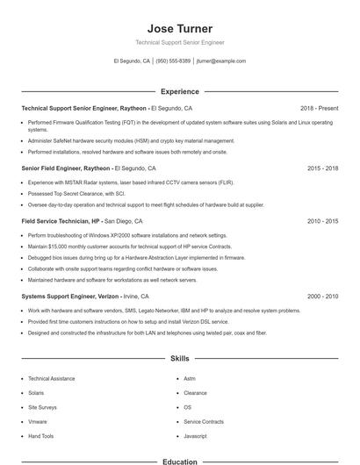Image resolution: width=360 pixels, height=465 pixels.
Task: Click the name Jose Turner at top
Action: point(179,29)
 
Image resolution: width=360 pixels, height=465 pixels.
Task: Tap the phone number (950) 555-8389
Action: point(173,61)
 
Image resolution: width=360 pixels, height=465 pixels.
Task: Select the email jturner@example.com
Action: point(220,61)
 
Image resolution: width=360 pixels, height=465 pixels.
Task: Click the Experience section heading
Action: point(179,91)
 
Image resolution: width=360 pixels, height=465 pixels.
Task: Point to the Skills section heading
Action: point(179,359)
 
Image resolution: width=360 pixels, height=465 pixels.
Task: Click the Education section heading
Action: point(179,461)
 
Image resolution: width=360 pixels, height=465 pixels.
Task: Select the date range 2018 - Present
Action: point(319,108)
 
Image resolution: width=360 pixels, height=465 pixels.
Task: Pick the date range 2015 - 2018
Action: point(322,168)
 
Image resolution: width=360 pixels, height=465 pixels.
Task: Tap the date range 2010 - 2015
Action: point(322,221)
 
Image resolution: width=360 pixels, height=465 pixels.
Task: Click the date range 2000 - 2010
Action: point(322,297)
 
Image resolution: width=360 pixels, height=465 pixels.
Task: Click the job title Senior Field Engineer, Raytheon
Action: point(66,168)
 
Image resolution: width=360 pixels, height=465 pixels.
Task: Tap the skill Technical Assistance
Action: point(51,378)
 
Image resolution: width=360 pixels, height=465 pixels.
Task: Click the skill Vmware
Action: point(37,421)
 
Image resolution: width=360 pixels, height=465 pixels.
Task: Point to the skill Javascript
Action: point(195,436)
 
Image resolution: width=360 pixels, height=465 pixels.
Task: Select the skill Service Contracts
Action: point(204,421)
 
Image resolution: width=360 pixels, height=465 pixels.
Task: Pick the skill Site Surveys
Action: point(42,407)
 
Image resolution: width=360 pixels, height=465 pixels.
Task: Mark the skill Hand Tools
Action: point(40,436)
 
